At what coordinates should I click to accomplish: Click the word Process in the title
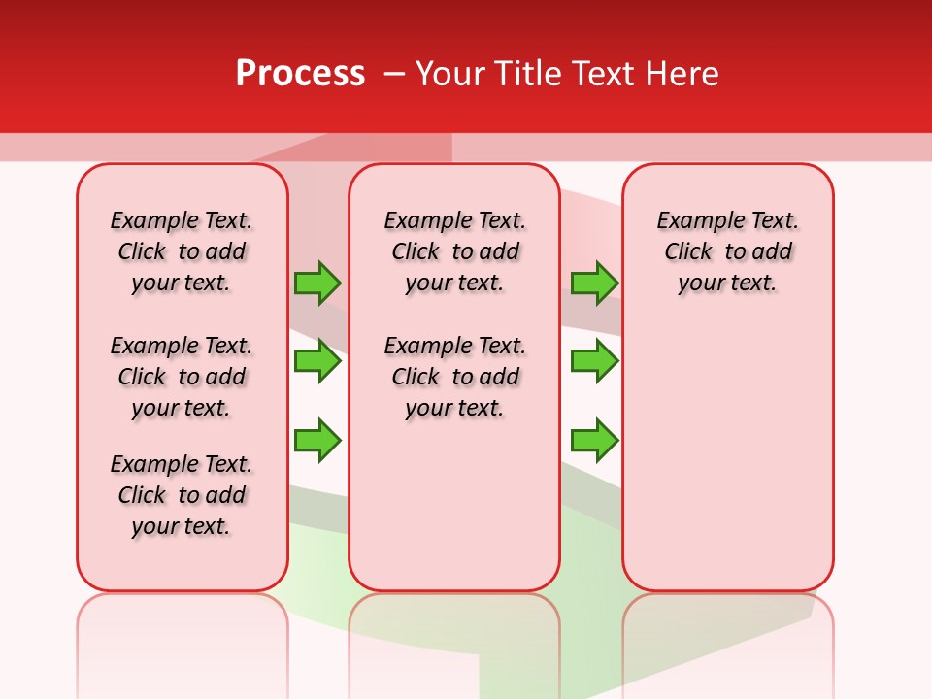click(300, 73)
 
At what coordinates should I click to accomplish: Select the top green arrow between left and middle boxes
click(317, 283)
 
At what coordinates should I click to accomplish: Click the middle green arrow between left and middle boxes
click(317, 361)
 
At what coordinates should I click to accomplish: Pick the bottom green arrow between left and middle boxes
click(317, 441)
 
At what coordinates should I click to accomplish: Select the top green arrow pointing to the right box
click(594, 283)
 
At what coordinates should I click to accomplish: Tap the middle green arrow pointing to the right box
click(594, 361)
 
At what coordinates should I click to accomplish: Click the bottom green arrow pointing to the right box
click(594, 441)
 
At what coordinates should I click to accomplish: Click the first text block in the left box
click(182, 251)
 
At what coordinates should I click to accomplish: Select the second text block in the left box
click(182, 377)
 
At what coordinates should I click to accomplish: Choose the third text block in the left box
click(182, 495)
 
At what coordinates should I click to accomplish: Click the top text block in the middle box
click(454, 251)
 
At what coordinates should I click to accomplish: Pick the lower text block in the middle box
click(454, 377)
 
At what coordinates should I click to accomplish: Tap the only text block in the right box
click(727, 251)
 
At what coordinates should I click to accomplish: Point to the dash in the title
click(394, 73)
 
